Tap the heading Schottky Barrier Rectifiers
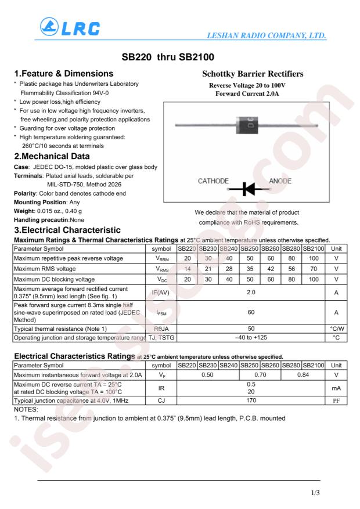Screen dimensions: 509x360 coord(253,74)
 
